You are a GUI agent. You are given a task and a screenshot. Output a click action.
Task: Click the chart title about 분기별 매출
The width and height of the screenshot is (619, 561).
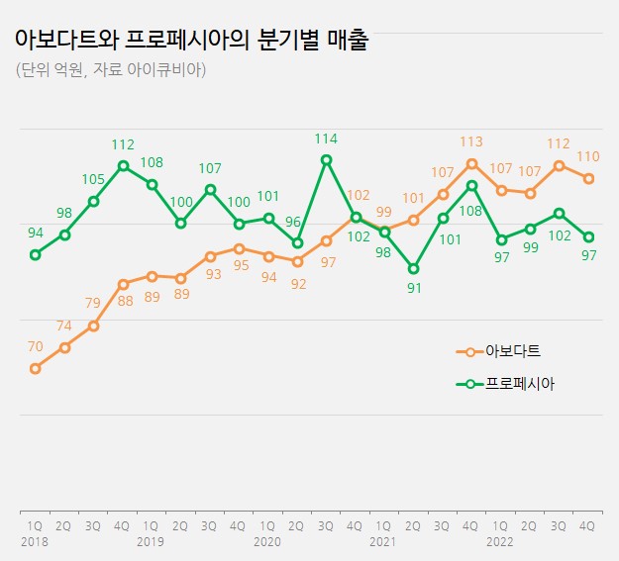pos(190,41)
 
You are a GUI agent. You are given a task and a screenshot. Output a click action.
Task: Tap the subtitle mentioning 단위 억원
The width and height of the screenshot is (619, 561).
pos(111,70)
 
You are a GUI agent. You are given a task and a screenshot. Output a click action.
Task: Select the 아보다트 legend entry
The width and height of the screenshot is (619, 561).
pos(512,351)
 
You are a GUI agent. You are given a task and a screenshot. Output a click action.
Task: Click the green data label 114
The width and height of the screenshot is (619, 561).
pos(326,139)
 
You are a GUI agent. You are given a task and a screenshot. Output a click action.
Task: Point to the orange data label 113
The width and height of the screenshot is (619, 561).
pos(471,142)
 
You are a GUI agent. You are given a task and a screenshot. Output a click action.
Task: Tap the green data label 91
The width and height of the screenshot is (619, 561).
pos(413,289)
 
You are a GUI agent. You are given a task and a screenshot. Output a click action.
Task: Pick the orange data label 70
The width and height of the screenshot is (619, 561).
pos(35,347)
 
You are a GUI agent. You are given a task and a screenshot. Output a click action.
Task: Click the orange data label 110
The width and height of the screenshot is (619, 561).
pos(587,156)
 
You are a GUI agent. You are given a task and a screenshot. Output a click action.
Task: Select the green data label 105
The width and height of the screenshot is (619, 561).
pos(93,180)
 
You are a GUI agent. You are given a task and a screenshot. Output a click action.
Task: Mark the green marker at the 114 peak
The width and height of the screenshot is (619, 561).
pos(326,159)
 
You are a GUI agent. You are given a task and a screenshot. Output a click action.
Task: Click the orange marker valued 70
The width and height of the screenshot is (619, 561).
pos(35,368)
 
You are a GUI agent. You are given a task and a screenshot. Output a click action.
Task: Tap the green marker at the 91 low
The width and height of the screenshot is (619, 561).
pos(413,268)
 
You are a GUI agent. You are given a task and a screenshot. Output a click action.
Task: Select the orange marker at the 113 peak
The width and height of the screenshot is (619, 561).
pos(471,163)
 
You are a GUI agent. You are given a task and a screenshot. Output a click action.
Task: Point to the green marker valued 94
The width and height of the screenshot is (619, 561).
pos(35,254)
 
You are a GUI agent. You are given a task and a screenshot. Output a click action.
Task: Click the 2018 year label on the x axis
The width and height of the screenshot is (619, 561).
pos(35,542)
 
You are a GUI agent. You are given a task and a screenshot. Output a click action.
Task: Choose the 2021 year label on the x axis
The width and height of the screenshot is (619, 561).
pos(383,542)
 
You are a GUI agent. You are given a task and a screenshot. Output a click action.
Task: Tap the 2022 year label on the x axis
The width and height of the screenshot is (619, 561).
pos(500,542)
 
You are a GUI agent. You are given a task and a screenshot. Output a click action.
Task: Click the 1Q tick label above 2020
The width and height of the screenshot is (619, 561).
pos(267,526)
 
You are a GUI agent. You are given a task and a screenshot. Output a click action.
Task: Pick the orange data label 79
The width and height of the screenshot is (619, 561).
pos(93,304)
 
